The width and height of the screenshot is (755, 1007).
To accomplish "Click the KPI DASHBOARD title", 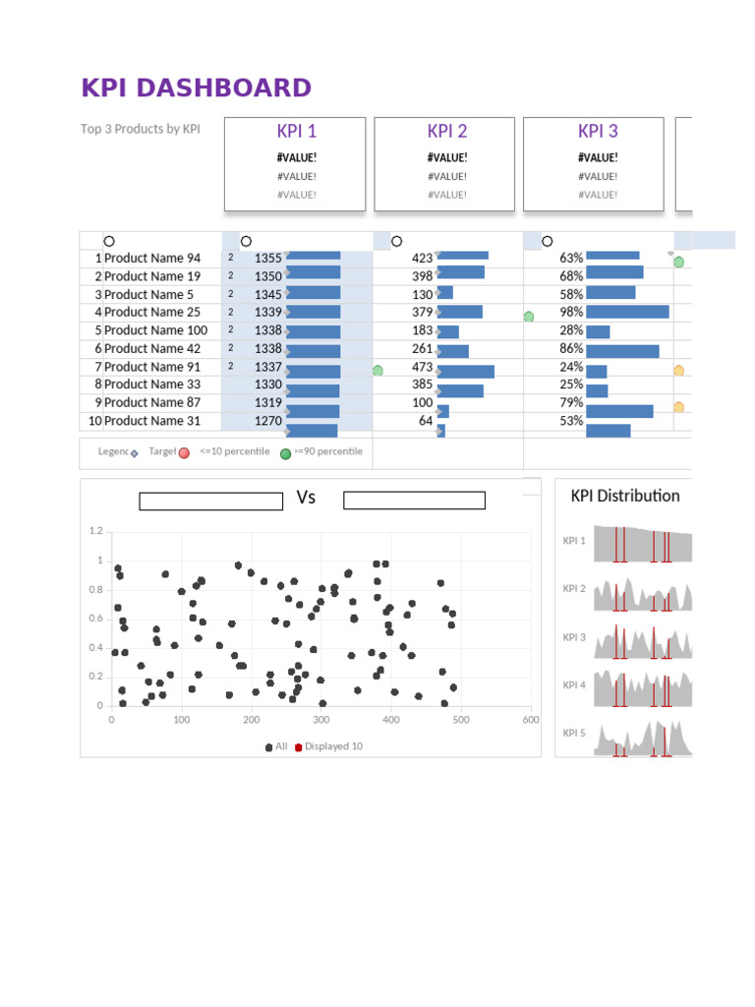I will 196,89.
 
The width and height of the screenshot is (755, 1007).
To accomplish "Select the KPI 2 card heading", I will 447,132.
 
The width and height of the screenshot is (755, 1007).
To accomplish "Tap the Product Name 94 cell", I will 152,259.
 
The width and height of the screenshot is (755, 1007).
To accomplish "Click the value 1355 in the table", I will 267,259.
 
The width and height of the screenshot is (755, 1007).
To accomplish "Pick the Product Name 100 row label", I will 155,330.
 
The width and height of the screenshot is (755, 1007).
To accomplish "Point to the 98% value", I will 571,313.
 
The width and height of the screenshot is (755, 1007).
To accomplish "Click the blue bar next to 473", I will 466,371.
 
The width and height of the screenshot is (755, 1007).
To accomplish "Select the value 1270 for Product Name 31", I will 267,421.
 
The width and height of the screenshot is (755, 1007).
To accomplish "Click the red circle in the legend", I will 184,453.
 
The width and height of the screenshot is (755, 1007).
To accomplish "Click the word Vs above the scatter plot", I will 306,498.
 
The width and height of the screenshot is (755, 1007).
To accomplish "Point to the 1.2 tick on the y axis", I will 95,531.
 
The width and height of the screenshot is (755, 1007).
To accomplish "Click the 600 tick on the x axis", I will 531,720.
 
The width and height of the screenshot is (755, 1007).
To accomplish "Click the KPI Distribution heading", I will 625,496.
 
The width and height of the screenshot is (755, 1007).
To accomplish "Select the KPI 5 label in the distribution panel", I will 574,734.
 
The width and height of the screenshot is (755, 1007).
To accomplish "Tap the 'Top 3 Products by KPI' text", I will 140,129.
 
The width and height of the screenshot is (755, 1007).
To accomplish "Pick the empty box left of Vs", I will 210,502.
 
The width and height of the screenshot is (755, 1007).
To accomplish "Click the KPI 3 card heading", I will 598,132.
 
